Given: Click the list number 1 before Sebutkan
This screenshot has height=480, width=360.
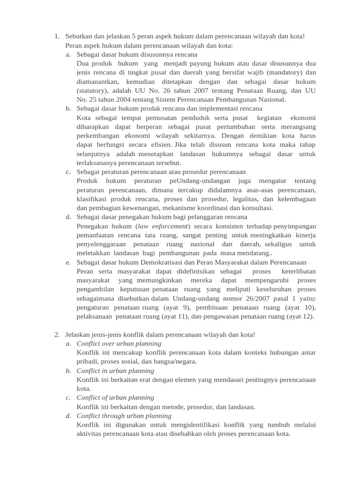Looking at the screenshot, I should click(x=56, y=37).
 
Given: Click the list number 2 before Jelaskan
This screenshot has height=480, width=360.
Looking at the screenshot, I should click(x=56, y=334).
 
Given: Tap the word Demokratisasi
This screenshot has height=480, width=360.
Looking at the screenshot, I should click(x=153, y=262).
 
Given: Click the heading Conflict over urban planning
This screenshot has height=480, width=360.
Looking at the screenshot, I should click(x=119, y=344).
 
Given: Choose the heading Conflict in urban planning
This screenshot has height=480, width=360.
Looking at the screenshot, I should click(x=115, y=371).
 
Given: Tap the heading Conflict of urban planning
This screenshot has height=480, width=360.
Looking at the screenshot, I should click(x=115, y=397).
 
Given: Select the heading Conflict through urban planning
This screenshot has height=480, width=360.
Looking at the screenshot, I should click(x=124, y=416).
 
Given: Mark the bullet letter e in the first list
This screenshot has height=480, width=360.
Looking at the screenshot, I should click(x=68, y=262).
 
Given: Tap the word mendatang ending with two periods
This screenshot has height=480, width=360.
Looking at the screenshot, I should click(x=252, y=253).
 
